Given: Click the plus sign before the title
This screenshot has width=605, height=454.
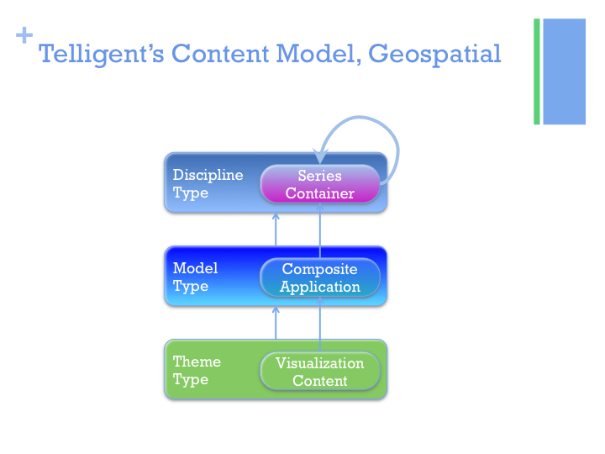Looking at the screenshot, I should (x=24, y=36).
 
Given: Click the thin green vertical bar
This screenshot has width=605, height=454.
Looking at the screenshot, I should (x=537, y=71).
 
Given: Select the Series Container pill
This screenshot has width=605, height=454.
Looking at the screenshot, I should (x=319, y=184).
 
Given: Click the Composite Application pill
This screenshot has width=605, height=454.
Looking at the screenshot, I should (x=319, y=277).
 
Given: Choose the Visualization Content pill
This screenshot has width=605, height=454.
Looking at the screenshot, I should (x=319, y=372).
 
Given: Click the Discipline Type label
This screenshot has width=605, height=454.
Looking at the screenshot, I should (x=208, y=183).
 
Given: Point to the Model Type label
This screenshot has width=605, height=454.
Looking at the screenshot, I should (x=195, y=277).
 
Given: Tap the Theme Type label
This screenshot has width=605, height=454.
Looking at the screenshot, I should (x=197, y=370).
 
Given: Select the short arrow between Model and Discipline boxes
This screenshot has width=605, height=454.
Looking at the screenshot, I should (x=276, y=229).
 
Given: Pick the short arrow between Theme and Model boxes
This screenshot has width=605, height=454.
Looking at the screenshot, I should (x=276, y=322).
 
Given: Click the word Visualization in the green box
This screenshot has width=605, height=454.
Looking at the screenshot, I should (x=319, y=363).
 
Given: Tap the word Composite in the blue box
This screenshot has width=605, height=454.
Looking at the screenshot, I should (x=319, y=269).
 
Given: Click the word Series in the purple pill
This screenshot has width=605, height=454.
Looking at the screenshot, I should (x=319, y=176).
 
